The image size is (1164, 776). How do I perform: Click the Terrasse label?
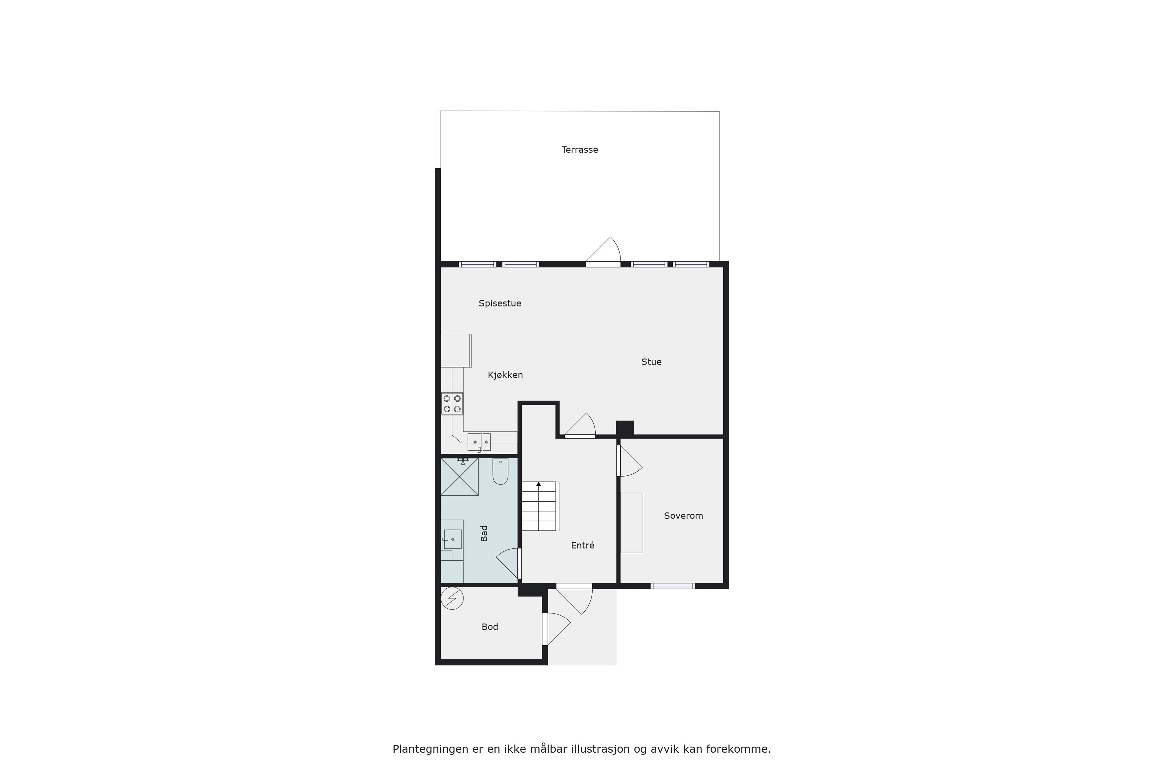click(580, 149)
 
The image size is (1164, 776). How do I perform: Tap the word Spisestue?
click(500, 303)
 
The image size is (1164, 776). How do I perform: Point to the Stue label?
click(651, 362)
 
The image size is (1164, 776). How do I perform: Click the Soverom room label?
click(684, 516)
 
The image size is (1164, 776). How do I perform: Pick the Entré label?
click(583, 545)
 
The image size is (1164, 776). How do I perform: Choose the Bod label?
click(490, 627)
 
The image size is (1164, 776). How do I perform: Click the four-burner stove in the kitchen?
click(452, 403)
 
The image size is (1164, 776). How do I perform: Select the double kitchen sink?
click(479, 442)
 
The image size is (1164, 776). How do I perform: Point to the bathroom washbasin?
click(452, 539)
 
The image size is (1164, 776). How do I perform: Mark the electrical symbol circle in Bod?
click(452, 598)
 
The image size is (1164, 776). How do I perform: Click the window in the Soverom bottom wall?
click(673, 586)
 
